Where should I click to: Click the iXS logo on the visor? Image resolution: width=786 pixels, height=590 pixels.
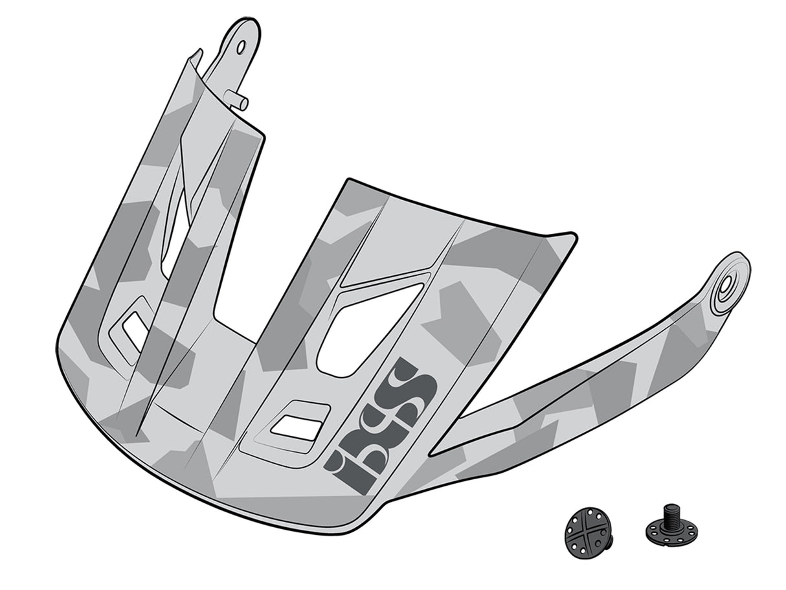point(382,424)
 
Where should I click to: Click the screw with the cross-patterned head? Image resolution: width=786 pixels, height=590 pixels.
point(587,532)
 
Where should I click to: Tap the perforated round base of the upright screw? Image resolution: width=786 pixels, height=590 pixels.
point(671,532)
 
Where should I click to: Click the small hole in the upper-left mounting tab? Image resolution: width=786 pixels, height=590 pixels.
point(241,47)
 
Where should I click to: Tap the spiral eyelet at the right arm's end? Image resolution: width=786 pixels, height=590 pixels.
point(729,283)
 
